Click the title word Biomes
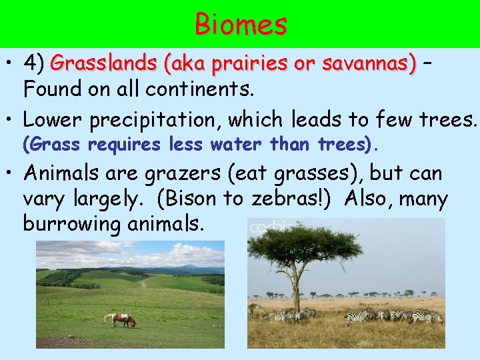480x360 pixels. (x=241, y=25)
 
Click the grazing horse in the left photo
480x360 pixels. (x=121, y=320)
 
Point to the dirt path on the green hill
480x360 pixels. (x=143, y=283)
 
